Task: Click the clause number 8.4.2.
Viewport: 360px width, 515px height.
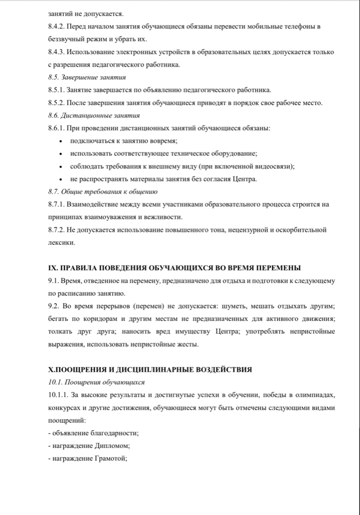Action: tap(57, 26)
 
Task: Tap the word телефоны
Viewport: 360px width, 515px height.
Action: tap(304, 26)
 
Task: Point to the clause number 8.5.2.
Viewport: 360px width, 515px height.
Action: tap(57, 103)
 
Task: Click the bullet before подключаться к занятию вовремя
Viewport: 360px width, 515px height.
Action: tap(61, 141)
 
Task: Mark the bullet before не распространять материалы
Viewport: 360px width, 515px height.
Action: tap(61, 179)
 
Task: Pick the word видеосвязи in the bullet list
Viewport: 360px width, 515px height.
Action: tap(275, 166)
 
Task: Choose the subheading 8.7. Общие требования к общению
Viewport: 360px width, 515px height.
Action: tap(102, 192)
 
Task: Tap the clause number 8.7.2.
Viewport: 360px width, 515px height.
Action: tap(57, 230)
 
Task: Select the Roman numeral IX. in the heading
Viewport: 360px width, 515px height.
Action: tap(53, 268)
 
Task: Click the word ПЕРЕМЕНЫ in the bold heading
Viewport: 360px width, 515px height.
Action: tap(278, 268)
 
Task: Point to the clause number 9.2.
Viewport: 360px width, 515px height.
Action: tap(54, 306)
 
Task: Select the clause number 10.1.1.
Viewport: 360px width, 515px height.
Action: tap(58, 395)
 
